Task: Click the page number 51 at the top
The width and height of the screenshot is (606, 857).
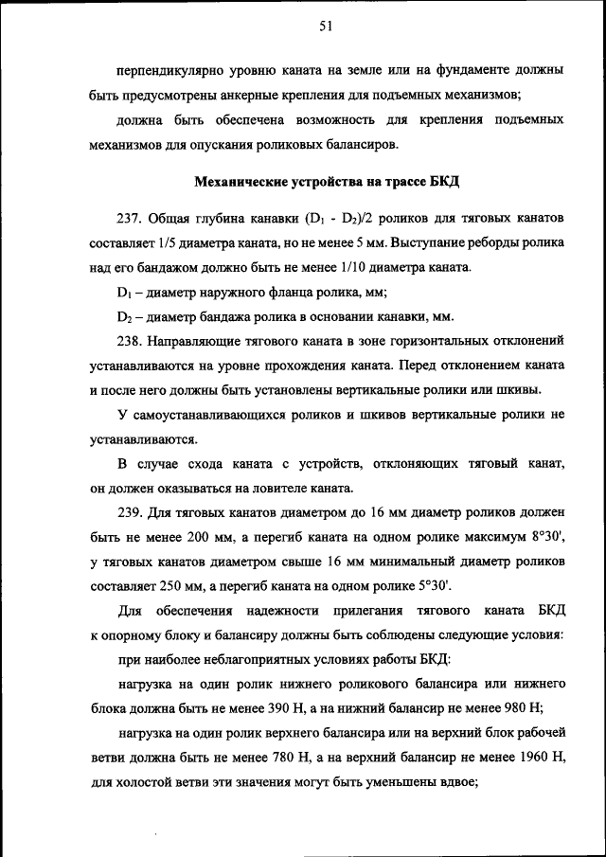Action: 323,27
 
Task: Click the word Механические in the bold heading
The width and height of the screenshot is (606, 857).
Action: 241,181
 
